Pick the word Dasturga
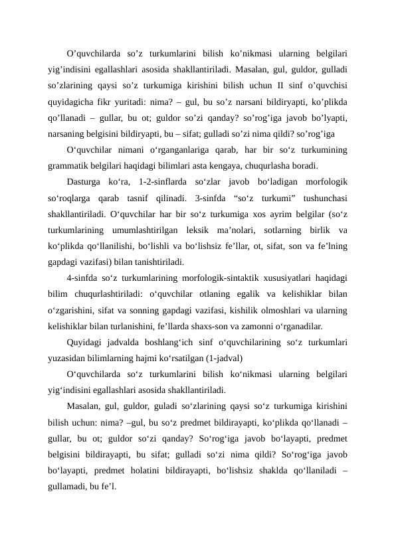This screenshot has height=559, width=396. pos(87,181)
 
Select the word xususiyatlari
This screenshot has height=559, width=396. pos(296,278)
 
